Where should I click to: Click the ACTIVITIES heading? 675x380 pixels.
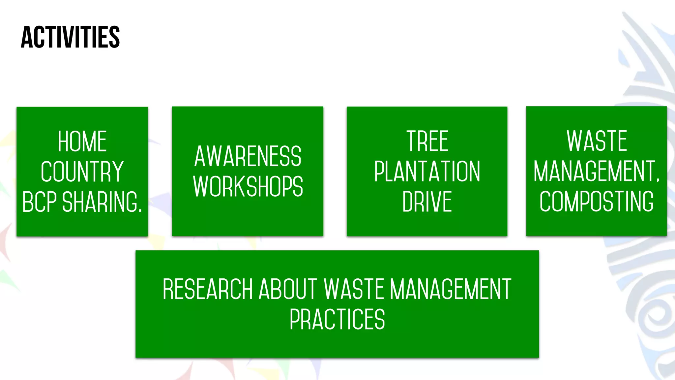(70, 37)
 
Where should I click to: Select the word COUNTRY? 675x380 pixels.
(82, 172)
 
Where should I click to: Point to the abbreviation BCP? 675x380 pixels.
(40, 202)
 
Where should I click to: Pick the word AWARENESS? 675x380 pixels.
(248, 156)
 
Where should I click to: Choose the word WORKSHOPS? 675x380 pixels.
(248, 186)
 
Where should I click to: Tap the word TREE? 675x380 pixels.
(427, 141)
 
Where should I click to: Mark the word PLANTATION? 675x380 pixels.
(427, 172)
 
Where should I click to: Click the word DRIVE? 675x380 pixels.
(427, 202)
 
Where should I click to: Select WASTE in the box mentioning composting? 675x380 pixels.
(597, 141)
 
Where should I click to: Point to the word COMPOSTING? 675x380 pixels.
(597, 202)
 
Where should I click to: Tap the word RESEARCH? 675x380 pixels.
(208, 289)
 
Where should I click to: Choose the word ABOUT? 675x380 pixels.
(288, 289)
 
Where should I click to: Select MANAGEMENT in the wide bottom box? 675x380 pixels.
(450, 289)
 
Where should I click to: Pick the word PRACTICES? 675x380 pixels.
(337, 319)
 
